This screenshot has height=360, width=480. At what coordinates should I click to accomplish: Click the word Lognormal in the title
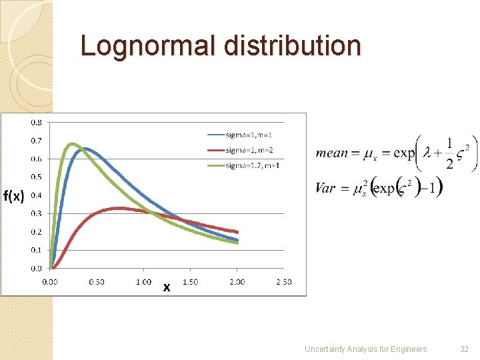149,46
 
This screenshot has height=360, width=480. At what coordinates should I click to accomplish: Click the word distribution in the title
293,46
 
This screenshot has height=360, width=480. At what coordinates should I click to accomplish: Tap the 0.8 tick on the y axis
37,123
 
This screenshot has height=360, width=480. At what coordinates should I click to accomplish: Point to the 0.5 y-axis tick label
37,177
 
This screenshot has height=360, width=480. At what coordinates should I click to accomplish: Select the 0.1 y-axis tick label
37,251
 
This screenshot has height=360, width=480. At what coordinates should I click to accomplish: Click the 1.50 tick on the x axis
190,282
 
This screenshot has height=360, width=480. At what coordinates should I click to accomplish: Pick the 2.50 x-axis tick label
284,282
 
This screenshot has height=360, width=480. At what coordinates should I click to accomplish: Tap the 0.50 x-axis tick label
97,282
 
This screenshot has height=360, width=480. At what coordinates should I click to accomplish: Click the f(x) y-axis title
14,196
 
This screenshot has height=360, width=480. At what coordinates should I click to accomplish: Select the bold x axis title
167,288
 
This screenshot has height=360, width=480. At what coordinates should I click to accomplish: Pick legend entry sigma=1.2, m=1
253,165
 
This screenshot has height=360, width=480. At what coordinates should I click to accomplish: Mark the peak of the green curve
73,144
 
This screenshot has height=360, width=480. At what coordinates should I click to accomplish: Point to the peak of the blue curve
85,149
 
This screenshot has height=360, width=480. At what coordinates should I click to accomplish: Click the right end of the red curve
237,232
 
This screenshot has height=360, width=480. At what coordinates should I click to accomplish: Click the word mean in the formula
332,153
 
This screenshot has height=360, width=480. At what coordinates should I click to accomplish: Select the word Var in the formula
325,188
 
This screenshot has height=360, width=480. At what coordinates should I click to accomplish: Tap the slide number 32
464,349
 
